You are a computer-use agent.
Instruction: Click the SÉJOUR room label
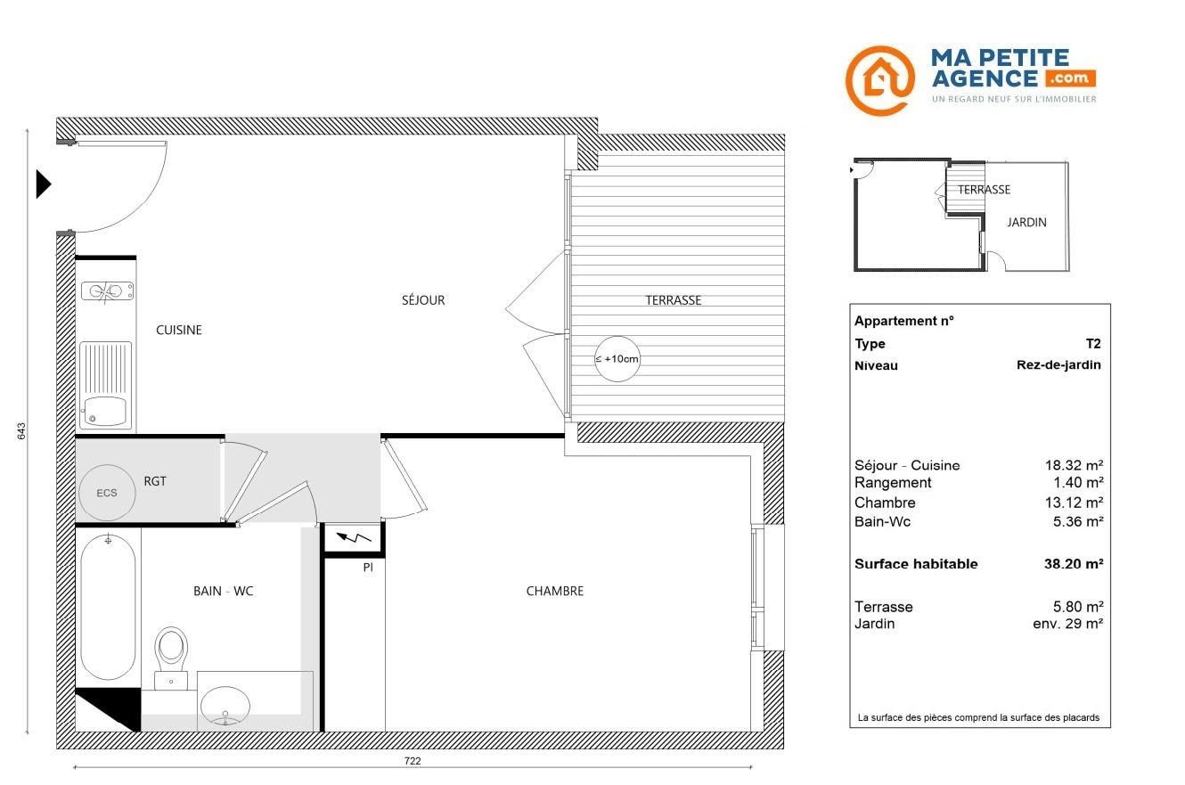coord(423,300)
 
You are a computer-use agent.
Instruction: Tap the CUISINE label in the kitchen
coord(179,330)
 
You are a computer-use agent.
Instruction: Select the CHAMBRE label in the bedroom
coord(555,591)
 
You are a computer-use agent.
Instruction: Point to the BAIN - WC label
coord(224,591)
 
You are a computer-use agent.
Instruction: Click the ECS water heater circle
coord(107,493)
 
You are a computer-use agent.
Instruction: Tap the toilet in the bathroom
coord(171,658)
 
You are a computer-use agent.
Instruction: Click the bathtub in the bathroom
coord(108,607)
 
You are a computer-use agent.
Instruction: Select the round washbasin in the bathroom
coord(225,706)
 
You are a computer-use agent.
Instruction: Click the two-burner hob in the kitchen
coord(107,291)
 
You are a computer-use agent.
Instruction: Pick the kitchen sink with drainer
coord(105,385)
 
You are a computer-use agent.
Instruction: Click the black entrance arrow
coord(44,184)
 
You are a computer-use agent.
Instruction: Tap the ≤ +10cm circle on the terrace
coord(617,359)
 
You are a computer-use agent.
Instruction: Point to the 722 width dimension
coord(413,761)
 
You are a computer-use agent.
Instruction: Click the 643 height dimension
coord(21,430)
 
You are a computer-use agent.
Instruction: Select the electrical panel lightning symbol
coord(354,538)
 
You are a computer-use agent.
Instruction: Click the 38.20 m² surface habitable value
coord(1074,564)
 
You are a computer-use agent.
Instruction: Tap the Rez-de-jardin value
coord(1058,365)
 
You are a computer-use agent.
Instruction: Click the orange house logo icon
coord(880,80)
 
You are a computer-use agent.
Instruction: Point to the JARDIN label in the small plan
coord(1026,222)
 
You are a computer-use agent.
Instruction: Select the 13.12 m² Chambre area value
coord(1074,502)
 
